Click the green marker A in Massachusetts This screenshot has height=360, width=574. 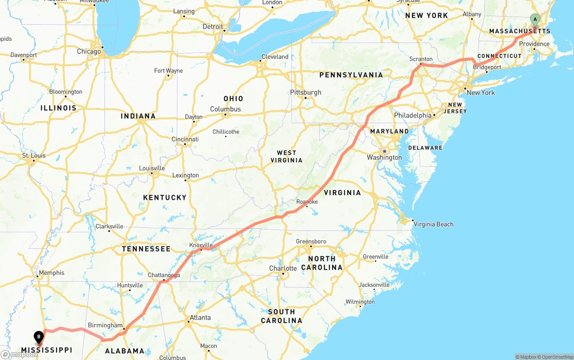pos(535,19)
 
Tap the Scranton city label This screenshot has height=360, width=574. pos(421,59)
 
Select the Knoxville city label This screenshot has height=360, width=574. pos(201,245)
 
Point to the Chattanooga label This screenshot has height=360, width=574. pos(164,275)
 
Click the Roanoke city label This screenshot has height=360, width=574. pos(307,202)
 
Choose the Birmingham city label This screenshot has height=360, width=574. pos(105,325)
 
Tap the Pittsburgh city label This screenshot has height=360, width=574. pos(306,92)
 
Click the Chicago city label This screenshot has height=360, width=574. pos(89,52)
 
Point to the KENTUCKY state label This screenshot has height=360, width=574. pos(165,198)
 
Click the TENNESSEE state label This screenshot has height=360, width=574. pos(146,249)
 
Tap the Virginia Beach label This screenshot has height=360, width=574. pos(433,224)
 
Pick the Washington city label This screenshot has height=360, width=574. pos(384,157)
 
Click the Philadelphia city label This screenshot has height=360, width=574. pos(413,116)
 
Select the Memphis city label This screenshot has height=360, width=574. pos(52,273)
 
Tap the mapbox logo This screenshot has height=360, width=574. pos(19,355)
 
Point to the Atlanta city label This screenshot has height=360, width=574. pos(200,317)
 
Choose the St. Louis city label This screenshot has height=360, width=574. pos(34,156)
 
